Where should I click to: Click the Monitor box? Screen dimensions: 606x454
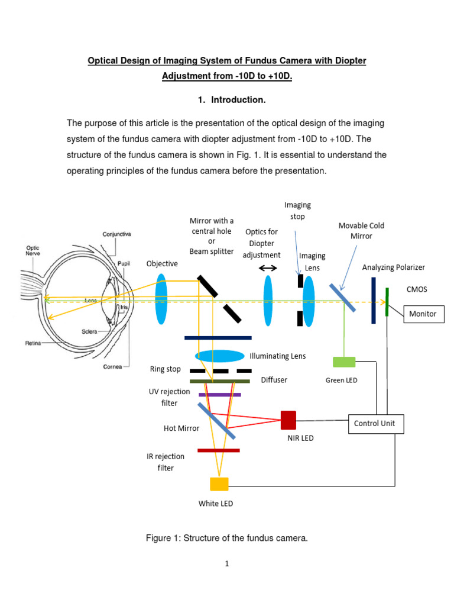(423, 314)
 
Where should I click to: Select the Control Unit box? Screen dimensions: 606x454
(376, 424)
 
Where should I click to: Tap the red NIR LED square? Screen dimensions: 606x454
(288, 420)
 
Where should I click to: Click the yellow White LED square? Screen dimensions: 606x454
(219, 484)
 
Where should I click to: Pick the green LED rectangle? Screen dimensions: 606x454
(344, 362)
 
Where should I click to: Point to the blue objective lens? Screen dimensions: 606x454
(161, 298)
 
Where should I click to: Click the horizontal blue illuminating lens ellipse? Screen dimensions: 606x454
(219, 356)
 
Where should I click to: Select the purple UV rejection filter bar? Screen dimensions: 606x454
(219, 394)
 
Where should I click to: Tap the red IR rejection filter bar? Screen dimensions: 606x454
(219, 450)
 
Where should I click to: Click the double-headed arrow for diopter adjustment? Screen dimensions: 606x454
(268, 268)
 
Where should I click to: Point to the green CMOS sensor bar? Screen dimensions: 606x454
(387, 301)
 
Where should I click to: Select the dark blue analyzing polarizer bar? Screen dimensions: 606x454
(374, 300)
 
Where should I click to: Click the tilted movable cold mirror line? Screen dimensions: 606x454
(342, 298)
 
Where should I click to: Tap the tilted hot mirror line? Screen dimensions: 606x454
(216, 421)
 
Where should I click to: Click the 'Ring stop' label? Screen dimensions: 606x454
(165, 369)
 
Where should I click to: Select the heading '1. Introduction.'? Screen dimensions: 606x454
(232, 100)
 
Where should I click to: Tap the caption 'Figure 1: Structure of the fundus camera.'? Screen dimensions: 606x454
(226, 538)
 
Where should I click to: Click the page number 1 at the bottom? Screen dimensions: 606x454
(226, 564)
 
